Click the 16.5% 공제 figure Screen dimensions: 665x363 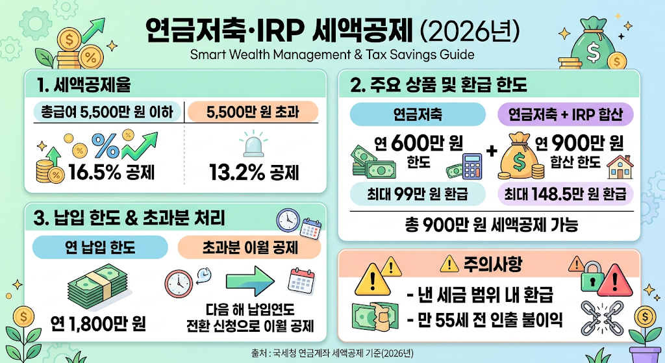pos(112,172)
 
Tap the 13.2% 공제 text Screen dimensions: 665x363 pos(254,172)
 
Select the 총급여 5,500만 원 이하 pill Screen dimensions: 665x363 pos(107,112)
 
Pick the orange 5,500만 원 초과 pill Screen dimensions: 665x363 pos(253,112)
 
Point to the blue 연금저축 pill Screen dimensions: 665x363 pos(418,114)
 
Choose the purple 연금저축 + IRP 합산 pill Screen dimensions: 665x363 pos(566,114)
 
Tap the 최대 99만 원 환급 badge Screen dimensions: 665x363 pos(418,194)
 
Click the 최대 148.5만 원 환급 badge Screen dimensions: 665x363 pos(566,194)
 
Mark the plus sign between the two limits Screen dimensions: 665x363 pos(492,151)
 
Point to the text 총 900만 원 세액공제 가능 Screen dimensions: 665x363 pos(492,225)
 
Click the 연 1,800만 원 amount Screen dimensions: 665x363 pos(99,324)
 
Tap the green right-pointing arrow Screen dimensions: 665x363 pos(250,281)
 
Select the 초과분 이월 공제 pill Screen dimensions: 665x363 pos(249,247)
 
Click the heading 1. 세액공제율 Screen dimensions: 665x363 pos(84,85)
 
